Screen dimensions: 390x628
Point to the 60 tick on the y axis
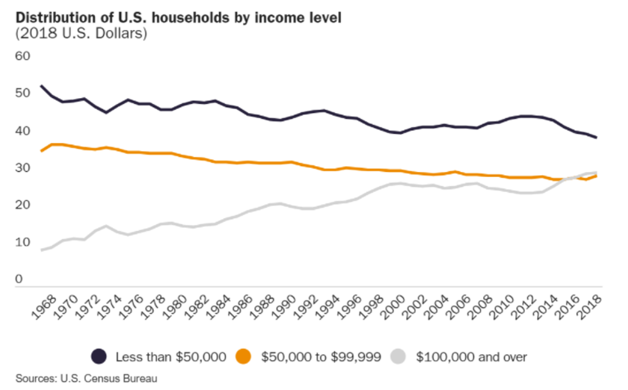23,56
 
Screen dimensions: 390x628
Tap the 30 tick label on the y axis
23,168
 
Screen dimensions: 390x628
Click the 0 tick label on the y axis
19,280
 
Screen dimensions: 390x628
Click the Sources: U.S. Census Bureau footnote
87,378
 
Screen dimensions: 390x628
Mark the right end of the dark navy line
597,137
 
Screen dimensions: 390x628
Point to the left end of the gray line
42,250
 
